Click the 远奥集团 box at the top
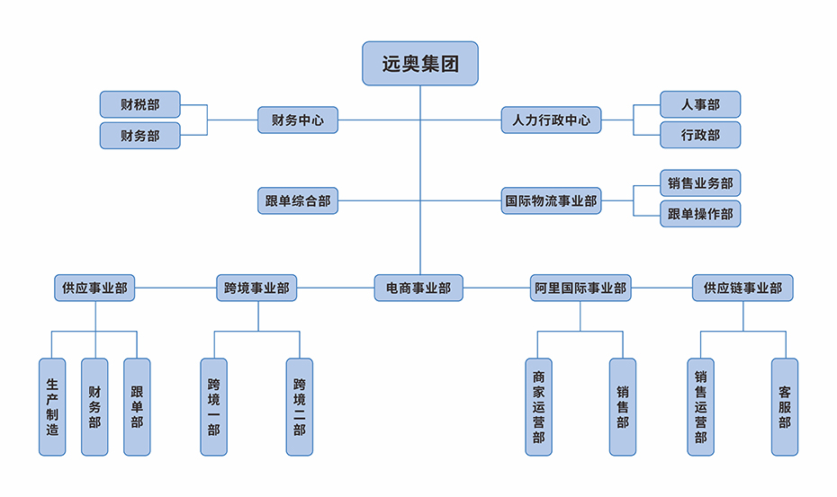click(419, 64)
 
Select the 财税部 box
click(140, 104)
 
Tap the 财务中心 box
click(298, 120)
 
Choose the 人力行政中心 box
click(551, 120)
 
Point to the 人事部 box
click(700, 104)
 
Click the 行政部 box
click(700, 135)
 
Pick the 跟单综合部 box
click(298, 200)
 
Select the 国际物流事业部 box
click(551, 200)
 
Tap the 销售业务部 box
click(700, 183)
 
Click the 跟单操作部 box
click(700, 214)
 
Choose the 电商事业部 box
click(418, 288)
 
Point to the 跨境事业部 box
click(257, 288)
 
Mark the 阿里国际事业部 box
click(580, 288)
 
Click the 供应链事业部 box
click(742, 288)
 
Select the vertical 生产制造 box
click(52, 406)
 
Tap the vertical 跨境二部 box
click(300, 406)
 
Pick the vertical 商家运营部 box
click(538, 406)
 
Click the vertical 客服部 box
click(785, 406)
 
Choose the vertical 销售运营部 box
click(701, 406)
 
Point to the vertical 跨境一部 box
click(213, 406)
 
